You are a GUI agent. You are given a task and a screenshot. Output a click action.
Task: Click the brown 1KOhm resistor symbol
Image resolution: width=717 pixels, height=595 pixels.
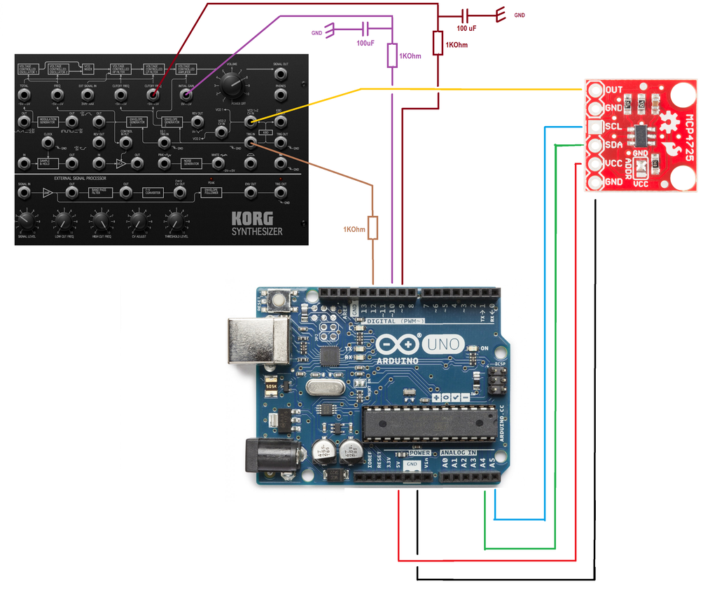point(373,228)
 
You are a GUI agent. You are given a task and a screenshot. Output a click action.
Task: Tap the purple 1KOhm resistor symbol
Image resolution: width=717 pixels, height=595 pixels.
point(392,56)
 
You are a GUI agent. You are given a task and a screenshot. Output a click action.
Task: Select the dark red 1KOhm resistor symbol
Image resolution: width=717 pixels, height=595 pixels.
point(438,43)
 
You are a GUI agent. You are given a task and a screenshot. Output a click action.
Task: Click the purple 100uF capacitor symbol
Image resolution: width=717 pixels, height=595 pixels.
point(364,29)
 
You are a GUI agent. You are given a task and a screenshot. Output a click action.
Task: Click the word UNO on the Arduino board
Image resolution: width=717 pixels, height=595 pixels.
point(443,343)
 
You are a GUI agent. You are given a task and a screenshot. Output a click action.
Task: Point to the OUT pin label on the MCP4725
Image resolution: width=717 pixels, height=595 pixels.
point(614,90)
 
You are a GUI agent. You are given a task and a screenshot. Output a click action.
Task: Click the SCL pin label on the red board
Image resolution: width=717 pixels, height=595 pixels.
point(614,127)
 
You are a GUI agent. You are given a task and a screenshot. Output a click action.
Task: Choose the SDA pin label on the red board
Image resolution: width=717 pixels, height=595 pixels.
point(614,145)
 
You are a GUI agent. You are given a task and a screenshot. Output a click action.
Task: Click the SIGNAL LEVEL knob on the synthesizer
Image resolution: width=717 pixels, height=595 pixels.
point(26,222)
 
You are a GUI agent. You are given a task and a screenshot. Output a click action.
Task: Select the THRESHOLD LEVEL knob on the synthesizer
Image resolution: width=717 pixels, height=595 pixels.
point(176,222)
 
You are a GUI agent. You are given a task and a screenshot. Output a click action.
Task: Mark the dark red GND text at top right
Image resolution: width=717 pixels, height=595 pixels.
point(520,15)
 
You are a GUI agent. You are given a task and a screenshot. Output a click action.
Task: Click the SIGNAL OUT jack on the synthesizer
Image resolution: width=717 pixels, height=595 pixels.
point(280,74)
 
